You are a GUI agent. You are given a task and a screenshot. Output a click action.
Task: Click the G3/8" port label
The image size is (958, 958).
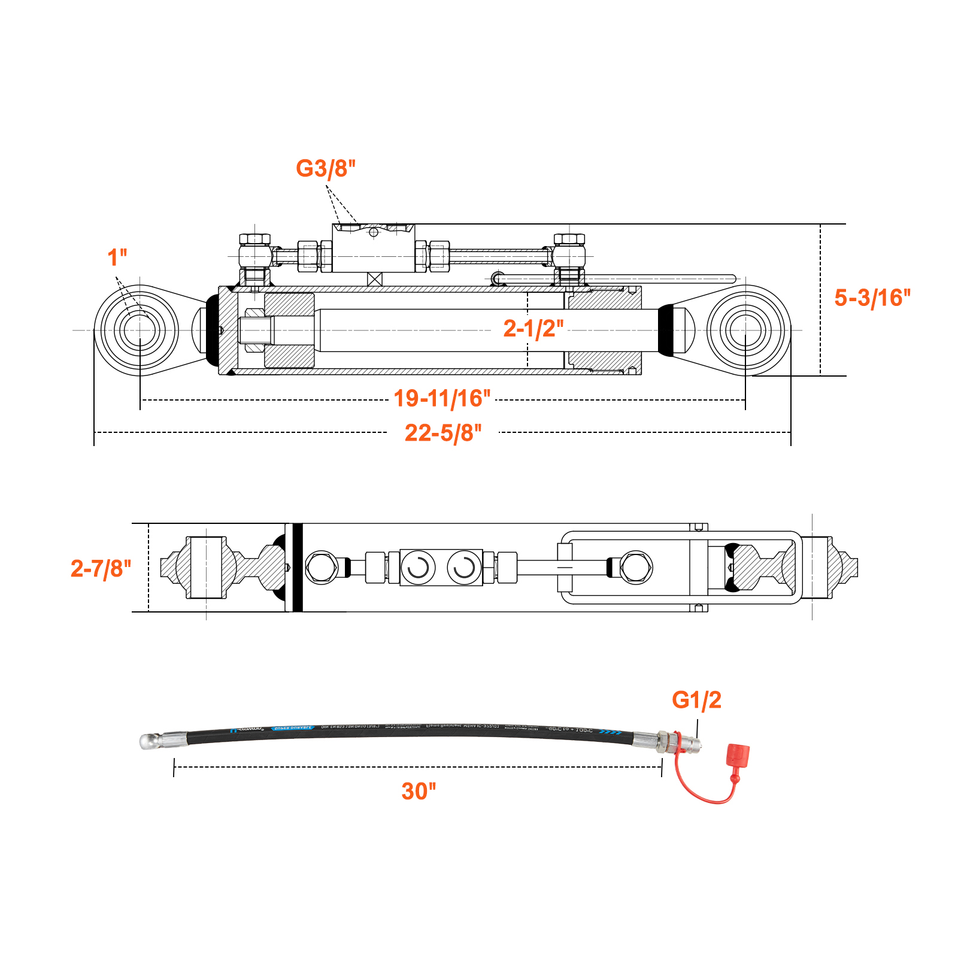coord(326,168)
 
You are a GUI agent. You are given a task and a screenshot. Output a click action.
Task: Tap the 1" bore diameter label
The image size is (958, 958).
coord(117,257)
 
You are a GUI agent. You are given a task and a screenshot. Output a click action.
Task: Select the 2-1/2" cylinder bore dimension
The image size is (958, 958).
coord(533,328)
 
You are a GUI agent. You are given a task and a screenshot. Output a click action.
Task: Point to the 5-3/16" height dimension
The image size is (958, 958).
coord(872,298)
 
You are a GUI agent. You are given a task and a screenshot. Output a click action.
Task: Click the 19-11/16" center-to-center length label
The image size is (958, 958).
coord(442,398)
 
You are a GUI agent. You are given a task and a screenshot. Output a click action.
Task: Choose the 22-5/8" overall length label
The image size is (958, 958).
coord(443,432)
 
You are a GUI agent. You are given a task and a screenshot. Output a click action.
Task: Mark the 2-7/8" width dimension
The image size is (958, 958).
coord(101,568)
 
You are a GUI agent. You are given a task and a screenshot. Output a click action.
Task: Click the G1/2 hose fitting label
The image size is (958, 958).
coord(696,699)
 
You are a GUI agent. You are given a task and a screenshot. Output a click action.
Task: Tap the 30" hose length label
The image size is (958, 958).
coord(419,791)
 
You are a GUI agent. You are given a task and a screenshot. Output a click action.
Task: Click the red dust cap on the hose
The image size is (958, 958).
coord(737,755)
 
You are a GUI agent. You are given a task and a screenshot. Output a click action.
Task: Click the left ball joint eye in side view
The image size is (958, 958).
coord(140,330)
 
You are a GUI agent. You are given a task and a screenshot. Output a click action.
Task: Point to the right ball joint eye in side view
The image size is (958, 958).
coord(745,330)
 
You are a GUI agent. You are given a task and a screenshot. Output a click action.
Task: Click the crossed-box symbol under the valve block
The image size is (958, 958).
coord(374,279)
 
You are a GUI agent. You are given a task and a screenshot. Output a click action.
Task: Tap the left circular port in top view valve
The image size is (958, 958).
coord(418,567)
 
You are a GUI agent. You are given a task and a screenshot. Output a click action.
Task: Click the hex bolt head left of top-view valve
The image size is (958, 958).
coord(322,567)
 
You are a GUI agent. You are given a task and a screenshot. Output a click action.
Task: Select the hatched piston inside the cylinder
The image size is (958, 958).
coord(289,331)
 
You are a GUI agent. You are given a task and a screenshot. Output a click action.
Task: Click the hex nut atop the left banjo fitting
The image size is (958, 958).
coord(254,239)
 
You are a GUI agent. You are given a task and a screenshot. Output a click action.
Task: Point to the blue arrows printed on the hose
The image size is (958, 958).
coord(611,732)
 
